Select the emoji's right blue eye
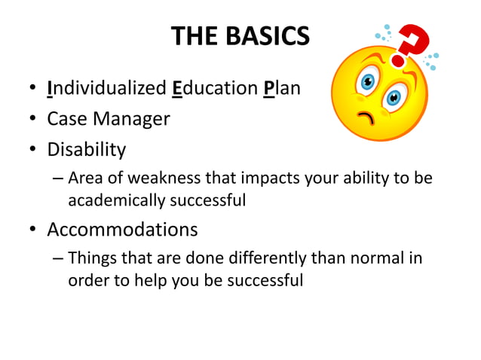click(394, 97)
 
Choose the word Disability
click(87, 149)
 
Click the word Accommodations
click(122, 229)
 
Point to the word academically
click(113, 200)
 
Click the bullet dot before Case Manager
click(34, 120)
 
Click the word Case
click(66, 119)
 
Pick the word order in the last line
click(86, 280)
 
